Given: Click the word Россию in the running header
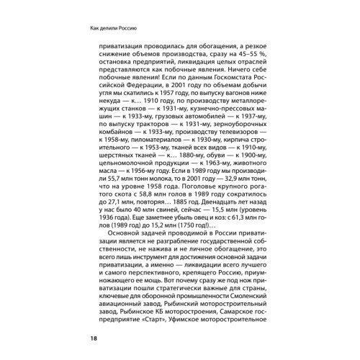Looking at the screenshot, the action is click(x=125, y=30).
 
